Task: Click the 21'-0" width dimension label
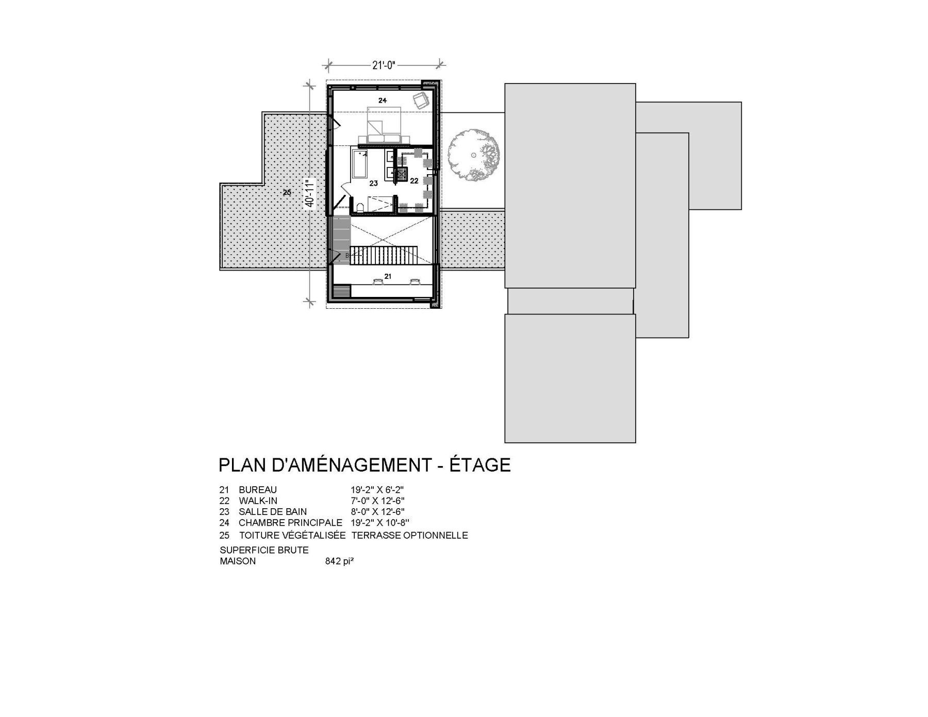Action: click(x=383, y=65)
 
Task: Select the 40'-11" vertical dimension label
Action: click(x=310, y=192)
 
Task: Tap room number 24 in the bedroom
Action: click(x=382, y=101)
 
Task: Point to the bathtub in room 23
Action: click(x=359, y=162)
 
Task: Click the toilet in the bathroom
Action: click(x=359, y=207)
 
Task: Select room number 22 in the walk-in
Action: click(x=414, y=181)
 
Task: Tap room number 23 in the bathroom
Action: click(x=373, y=183)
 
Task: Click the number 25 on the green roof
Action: click(x=287, y=192)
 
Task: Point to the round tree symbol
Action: click(x=473, y=154)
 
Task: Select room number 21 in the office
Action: click(x=388, y=277)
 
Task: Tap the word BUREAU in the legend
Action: click(x=258, y=490)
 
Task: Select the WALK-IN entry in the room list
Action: click(x=258, y=501)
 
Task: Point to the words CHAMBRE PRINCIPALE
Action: click(x=290, y=523)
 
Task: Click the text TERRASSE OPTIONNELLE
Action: click(x=409, y=536)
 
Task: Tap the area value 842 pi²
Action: click(x=339, y=561)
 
